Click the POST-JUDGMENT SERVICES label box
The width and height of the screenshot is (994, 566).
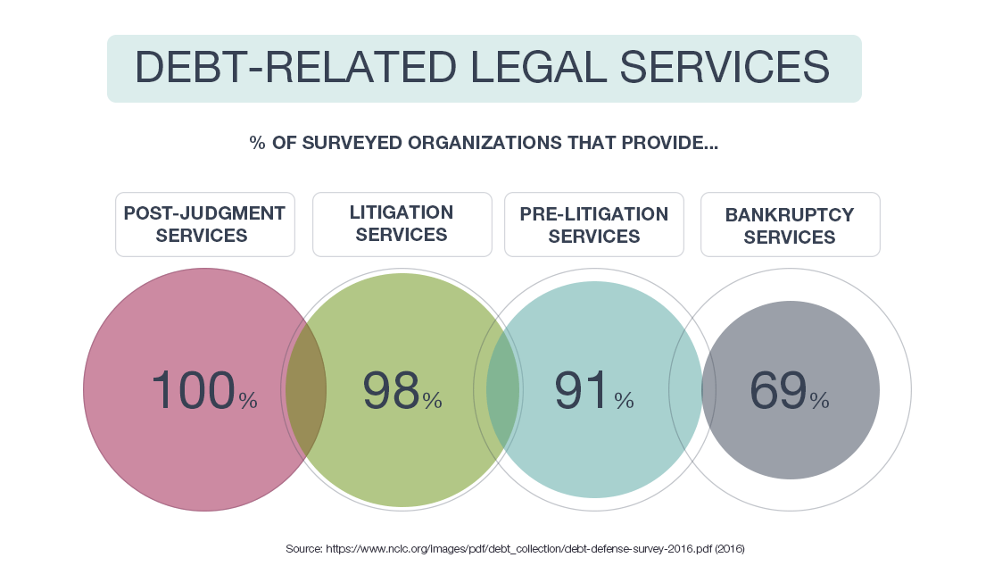(204, 224)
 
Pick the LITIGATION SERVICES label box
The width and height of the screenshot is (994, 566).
(402, 224)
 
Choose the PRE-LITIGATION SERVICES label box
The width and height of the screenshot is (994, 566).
(594, 224)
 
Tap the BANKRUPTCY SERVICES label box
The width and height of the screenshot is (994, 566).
(790, 224)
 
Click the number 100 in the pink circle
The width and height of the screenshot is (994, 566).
(192, 390)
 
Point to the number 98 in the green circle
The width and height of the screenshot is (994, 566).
(391, 390)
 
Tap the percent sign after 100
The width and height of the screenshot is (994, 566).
(248, 401)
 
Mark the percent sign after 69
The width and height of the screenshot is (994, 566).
(819, 401)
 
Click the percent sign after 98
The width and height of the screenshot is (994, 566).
(433, 401)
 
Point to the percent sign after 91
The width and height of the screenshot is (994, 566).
(625, 401)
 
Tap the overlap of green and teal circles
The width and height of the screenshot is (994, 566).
(503, 390)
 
